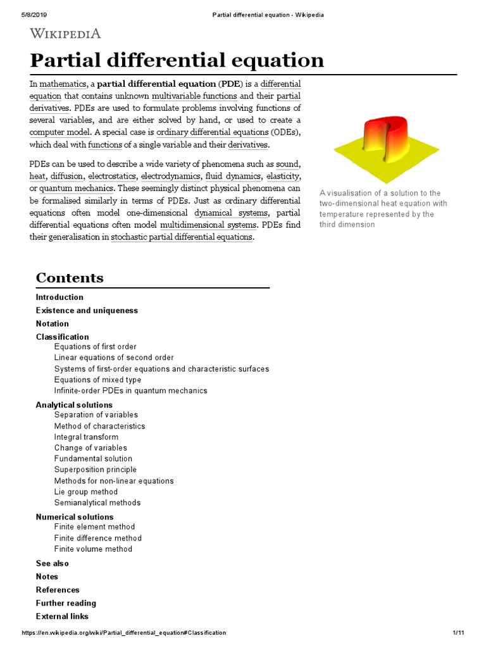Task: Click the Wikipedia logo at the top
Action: point(65,34)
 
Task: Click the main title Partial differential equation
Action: point(177,61)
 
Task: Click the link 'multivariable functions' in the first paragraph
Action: point(194,96)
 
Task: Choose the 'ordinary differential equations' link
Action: point(212,132)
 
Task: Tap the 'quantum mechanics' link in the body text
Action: point(76,188)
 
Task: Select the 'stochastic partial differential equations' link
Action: point(182,237)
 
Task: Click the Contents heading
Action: point(70,278)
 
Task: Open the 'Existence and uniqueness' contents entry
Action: point(87,311)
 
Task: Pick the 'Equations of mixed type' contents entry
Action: point(97,380)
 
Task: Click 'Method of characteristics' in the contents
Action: point(99,426)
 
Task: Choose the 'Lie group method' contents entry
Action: point(85,492)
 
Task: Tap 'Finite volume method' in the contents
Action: point(93,549)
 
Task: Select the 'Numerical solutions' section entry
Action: point(75,517)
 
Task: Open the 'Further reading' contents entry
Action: point(66,603)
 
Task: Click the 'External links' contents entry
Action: point(62,616)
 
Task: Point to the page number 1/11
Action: point(459,633)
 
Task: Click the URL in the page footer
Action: point(123,633)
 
